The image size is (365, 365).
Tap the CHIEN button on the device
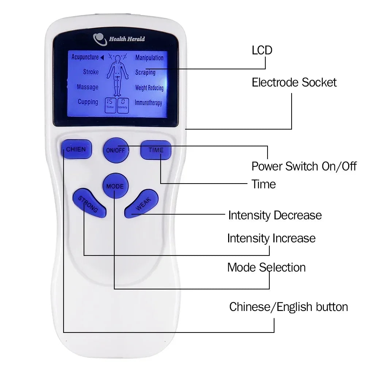pyautogui.click(x=76, y=149)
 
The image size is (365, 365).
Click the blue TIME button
pyautogui.click(x=156, y=150)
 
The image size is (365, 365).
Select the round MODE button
pyautogui.click(x=115, y=185)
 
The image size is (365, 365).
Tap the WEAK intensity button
pyautogui.click(x=141, y=203)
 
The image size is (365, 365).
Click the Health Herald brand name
pyautogui.click(x=127, y=39)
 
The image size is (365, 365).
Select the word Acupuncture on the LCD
pyautogui.click(x=85, y=57)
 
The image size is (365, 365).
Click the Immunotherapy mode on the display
pyautogui.click(x=148, y=103)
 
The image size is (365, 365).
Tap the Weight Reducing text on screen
pyautogui.click(x=149, y=88)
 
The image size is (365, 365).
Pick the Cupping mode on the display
pyautogui.click(x=88, y=102)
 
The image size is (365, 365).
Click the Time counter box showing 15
pyautogui.click(x=110, y=105)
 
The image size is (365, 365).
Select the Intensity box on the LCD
pyautogui.click(x=123, y=105)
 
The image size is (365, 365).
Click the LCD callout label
pyautogui.click(x=262, y=50)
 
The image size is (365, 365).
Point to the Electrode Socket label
pyautogui.click(x=294, y=82)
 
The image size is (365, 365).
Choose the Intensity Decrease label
pyautogui.click(x=275, y=215)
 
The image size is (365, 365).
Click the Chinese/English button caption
pyautogui.click(x=288, y=307)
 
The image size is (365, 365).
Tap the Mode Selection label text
pyautogui.click(x=266, y=267)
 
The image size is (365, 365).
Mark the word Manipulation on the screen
pyautogui.click(x=149, y=58)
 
